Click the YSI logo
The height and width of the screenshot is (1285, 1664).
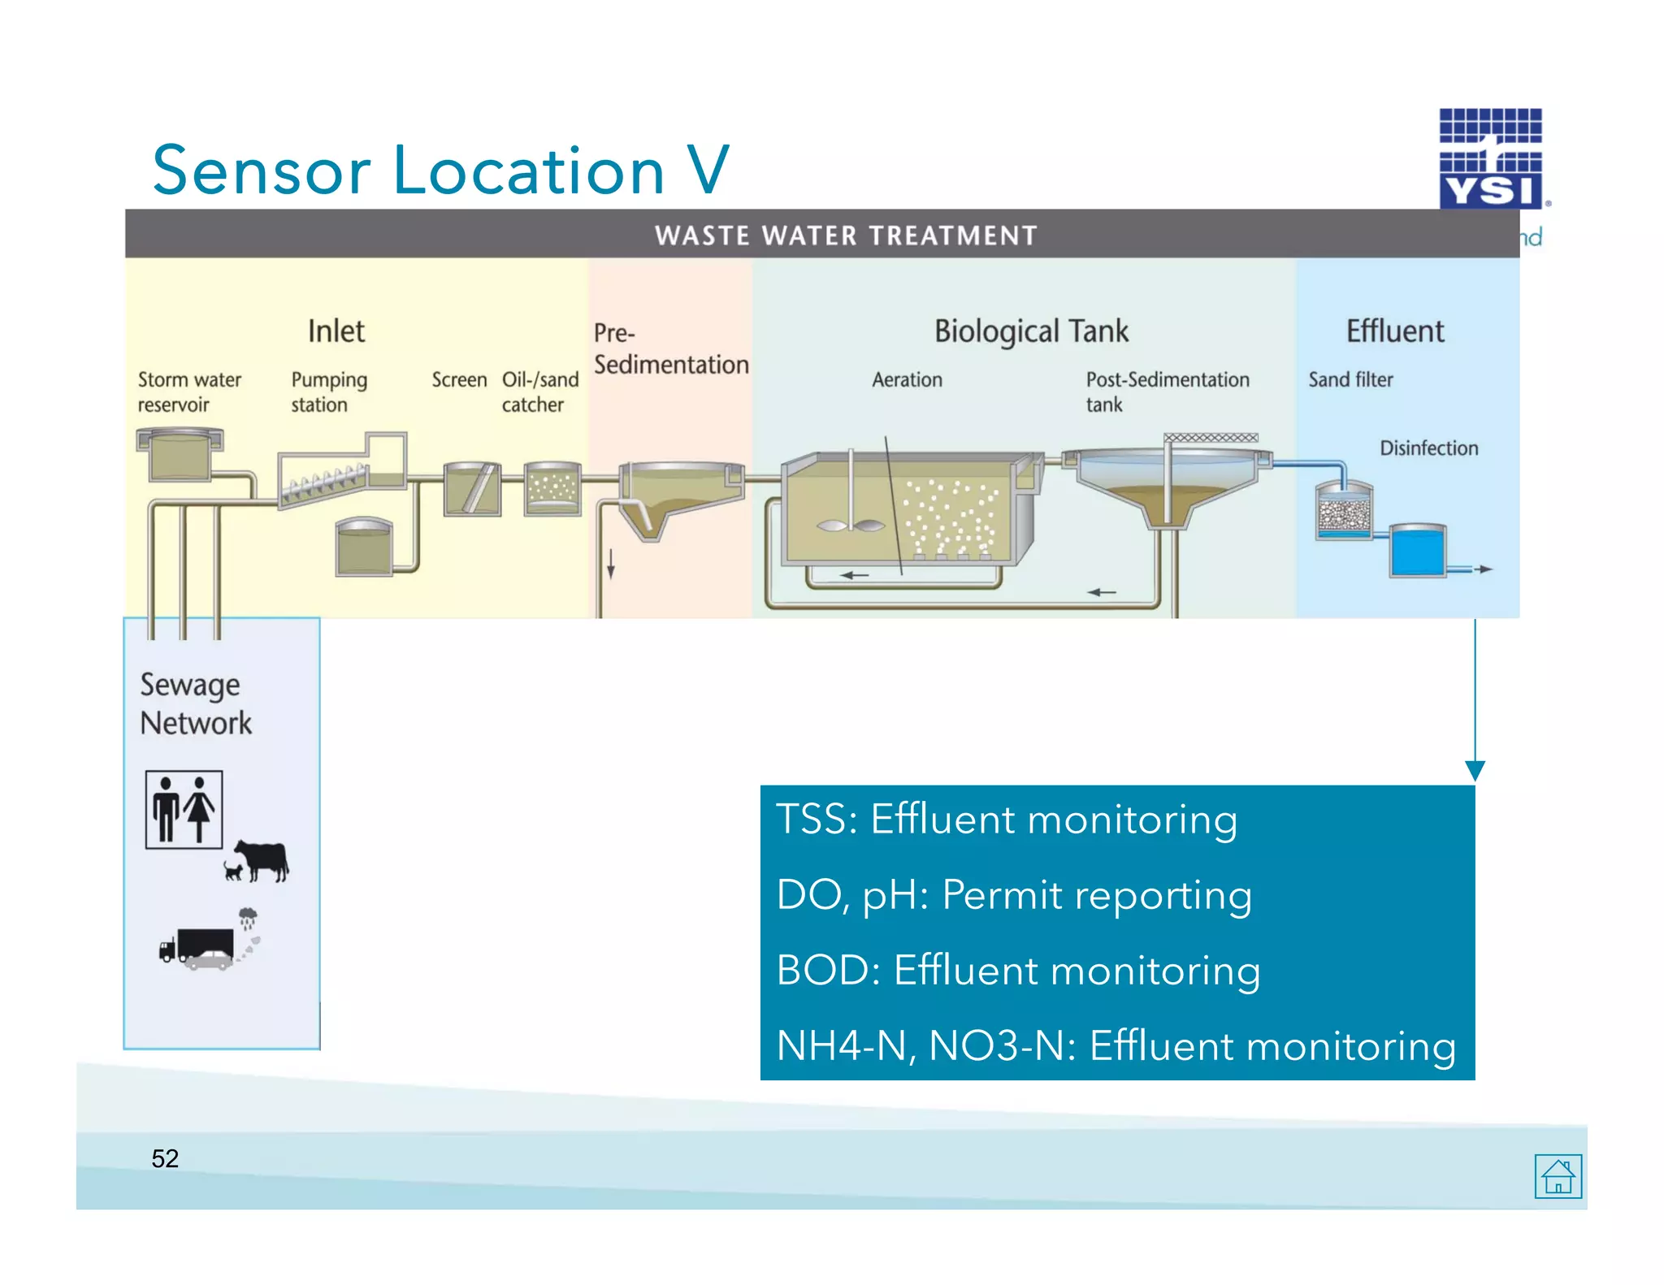[1491, 159]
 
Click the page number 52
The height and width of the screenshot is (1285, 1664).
[165, 1158]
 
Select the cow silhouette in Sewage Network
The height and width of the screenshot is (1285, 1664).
[262, 860]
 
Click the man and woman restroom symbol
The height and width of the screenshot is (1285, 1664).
[184, 810]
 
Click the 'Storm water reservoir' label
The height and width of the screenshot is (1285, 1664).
[188, 392]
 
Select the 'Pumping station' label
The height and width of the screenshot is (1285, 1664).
[329, 392]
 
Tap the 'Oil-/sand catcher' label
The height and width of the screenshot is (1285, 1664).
[539, 392]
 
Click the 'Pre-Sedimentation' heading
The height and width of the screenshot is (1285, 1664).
[670, 348]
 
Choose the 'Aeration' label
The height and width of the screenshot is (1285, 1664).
[907, 379]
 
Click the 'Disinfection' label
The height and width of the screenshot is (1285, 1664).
[1428, 448]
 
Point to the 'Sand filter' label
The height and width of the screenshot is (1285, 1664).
[1350, 379]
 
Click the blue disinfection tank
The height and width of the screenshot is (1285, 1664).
[1418, 551]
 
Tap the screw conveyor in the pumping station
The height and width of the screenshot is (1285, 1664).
[323, 482]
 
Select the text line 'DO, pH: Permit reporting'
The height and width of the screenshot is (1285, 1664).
[1013, 894]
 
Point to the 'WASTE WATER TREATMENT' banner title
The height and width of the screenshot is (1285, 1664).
[846, 236]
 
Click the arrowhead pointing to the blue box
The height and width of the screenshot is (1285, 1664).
[1475, 770]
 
